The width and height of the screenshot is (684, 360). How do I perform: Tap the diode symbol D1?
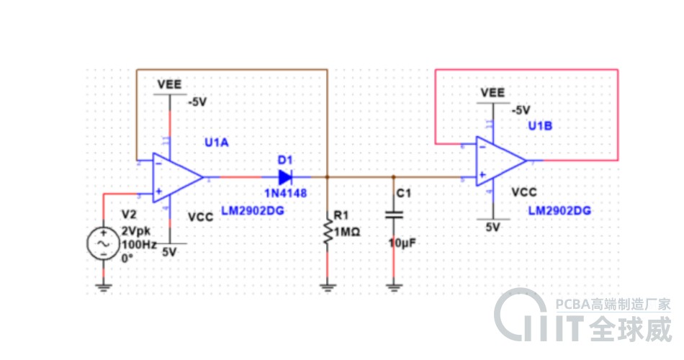(x=285, y=176)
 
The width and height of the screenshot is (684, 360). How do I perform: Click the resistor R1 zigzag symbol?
(x=328, y=232)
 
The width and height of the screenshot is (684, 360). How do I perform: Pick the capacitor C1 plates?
(x=393, y=215)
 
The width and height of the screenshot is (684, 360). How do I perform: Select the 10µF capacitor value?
(x=402, y=243)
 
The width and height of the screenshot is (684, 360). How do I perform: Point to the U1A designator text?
(x=216, y=143)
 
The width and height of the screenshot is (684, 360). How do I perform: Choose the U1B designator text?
(x=540, y=126)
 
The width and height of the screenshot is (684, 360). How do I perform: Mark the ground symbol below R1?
(x=328, y=287)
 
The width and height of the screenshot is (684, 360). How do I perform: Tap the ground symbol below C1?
(x=393, y=287)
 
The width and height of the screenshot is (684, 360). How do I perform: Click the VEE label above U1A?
(x=170, y=84)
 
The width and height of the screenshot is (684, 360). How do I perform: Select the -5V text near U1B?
(x=520, y=110)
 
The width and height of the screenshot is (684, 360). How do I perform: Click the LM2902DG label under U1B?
(x=559, y=211)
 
